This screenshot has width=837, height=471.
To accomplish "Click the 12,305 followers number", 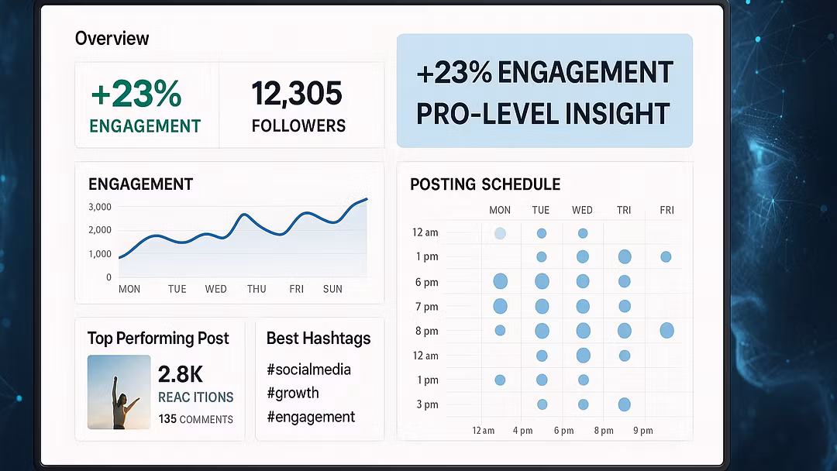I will pos(297,95).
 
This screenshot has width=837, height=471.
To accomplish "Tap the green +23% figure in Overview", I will pos(136,95).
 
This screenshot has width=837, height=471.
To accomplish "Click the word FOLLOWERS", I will pos(298,125).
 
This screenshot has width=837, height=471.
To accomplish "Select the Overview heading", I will pos(112,39).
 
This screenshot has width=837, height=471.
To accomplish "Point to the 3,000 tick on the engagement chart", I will pos(100,207).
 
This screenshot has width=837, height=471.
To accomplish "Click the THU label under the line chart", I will pos(257,289).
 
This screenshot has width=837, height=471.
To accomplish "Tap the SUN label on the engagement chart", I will pos(332,289).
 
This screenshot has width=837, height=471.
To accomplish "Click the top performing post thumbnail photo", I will pos(119,392).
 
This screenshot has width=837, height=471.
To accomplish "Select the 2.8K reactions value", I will pos(181,375).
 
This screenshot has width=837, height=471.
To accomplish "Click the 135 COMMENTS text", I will pos(195,419).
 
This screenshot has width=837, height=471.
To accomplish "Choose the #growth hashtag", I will pos(292,393).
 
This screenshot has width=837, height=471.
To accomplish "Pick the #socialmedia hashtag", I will pos(308,370).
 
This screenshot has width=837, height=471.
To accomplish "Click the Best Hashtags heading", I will pos(319,339).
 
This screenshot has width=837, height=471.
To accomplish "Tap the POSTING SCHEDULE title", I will pos(485,184).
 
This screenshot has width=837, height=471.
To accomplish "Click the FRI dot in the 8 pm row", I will pos(666,331).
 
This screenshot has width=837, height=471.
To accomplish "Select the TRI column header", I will pos(624,210).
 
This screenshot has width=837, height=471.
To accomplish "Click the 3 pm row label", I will pos(426,404).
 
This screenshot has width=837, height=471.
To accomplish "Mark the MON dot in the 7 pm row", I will pos(500,306).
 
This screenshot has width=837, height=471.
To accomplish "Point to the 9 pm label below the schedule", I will pos(642,431).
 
